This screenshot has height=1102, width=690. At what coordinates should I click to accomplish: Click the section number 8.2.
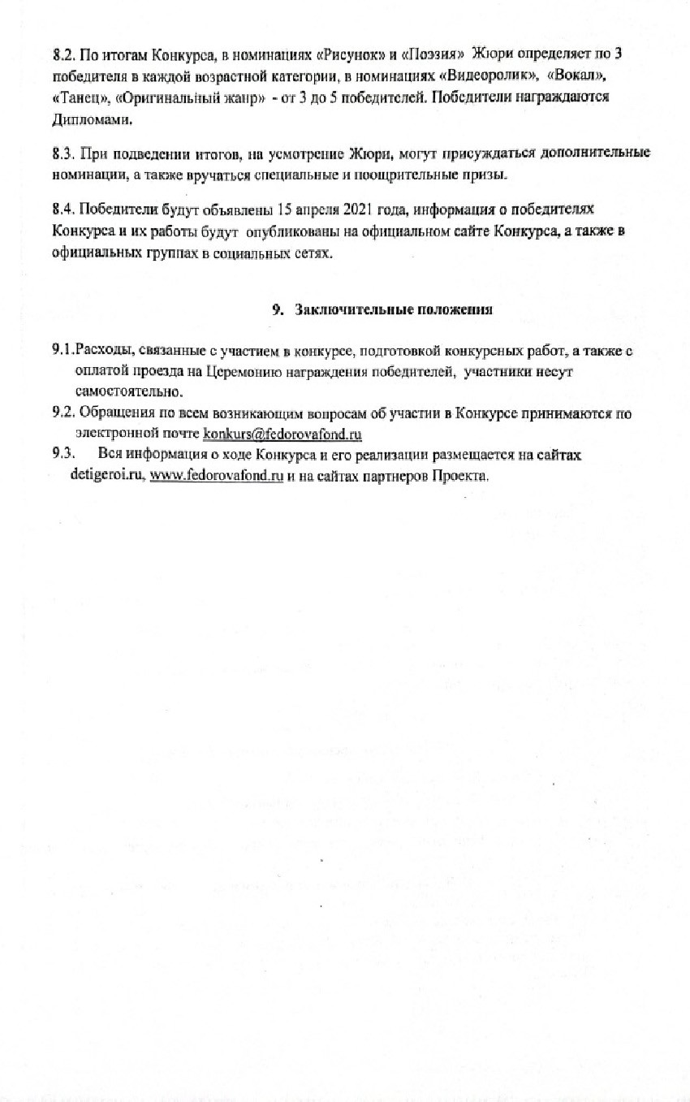[x=63, y=54]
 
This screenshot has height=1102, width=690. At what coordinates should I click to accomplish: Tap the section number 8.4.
[x=63, y=209]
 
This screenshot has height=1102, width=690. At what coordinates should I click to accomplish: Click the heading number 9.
[x=277, y=309]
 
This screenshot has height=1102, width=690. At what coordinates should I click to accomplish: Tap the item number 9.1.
[x=63, y=350]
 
